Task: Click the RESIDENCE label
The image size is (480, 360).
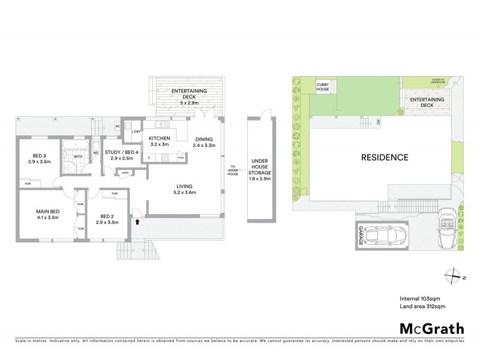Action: point(385,158)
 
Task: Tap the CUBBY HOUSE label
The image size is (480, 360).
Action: point(325,88)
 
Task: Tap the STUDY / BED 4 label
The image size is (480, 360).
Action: point(122,152)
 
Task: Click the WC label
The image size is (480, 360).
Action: point(95,152)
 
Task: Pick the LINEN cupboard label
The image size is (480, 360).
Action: point(125,173)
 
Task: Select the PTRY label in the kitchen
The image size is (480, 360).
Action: point(181,158)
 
